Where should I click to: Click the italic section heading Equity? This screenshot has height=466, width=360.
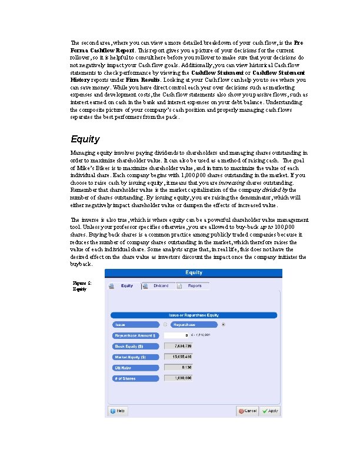click(x=85, y=139)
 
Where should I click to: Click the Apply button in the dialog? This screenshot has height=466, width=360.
click(x=271, y=411)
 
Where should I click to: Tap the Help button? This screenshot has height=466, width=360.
click(x=117, y=411)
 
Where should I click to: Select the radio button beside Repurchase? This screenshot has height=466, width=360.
click(x=222, y=324)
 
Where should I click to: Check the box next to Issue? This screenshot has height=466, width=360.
click(x=165, y=324)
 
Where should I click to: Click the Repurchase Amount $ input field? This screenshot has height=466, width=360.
click(x=176, y=335)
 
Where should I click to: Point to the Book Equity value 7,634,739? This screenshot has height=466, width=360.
click(x=176, y=347)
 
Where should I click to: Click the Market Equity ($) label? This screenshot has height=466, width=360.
click(x=135, y=357)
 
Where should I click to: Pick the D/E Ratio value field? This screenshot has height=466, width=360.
click(x=176, y=368)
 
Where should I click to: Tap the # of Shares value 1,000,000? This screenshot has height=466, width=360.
click(x=176, y=378)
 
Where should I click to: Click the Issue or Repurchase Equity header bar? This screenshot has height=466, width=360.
click(x=194, y=315)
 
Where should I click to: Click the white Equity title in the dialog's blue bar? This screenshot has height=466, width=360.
click(x=194, y=272)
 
